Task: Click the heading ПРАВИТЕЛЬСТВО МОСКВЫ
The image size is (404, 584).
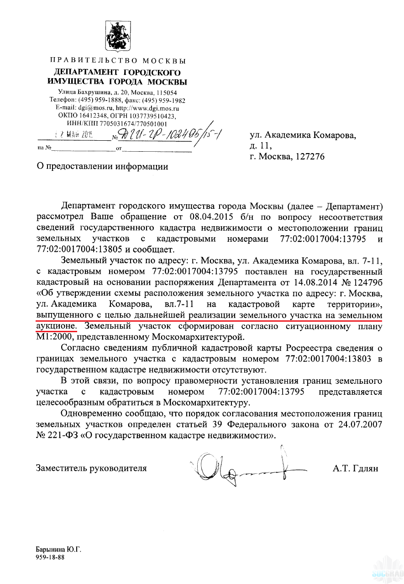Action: [x=117, y=61]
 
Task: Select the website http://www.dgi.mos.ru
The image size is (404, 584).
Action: [x=147, y=108]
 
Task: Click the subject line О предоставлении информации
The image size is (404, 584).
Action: [x=102, y=166]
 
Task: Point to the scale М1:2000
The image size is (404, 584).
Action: [x=57, y=337]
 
